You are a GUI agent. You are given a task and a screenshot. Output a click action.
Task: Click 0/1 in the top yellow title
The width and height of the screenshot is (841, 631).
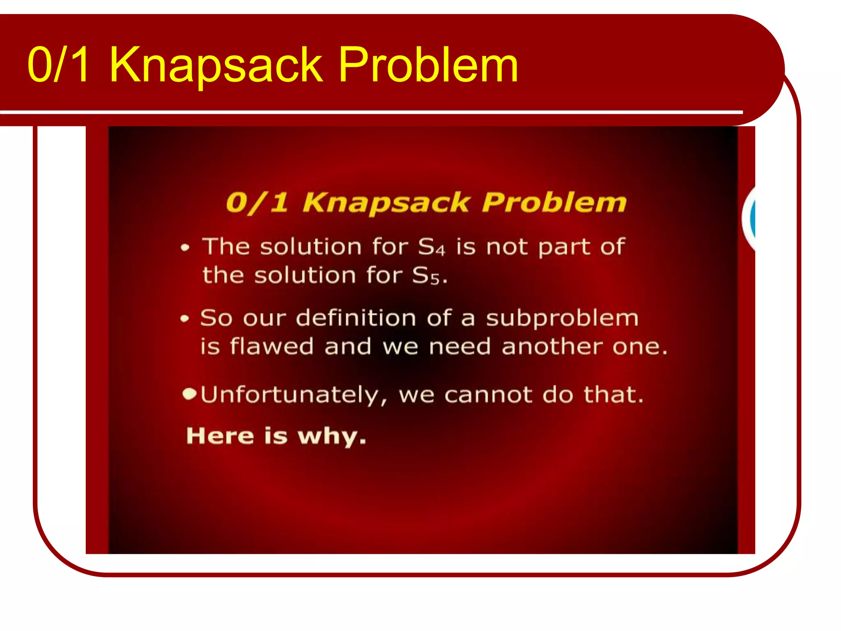coord(58,65)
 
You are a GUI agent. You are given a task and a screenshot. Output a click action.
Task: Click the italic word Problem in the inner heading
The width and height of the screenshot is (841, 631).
coord(554,203)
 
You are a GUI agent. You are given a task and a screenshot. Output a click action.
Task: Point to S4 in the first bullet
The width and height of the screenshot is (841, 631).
coord(431,247)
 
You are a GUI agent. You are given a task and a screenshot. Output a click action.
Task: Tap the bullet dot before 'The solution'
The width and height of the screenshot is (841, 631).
coord(185,248)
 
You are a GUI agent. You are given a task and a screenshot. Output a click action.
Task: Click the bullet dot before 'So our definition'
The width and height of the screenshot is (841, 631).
coord(185,319)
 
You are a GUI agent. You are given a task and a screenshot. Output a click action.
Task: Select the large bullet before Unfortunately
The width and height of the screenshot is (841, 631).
coord(189,394)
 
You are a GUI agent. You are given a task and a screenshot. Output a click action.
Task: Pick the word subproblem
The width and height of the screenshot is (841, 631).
coord(562,319)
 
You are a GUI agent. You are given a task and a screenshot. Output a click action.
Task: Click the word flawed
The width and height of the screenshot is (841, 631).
coord(271,346)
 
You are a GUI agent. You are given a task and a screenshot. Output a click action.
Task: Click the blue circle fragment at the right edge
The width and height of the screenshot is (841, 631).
coord(752,218)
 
